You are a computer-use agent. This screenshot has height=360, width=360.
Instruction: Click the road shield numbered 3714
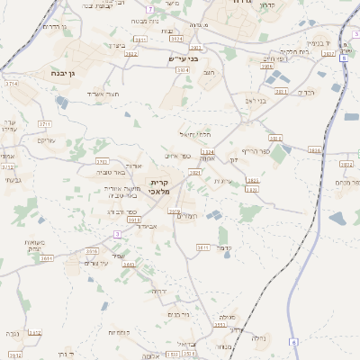[x=11, y=84]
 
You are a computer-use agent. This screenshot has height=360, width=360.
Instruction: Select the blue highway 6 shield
[x=292, y=342]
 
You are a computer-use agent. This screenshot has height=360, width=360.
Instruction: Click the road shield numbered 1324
[x=208, y=152]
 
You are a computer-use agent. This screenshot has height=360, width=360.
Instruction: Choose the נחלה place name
[x=259, y=338]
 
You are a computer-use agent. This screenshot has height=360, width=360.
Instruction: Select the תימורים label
[x=186, y=216]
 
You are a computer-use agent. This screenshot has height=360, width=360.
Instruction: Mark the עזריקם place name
[x=45, y=140]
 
